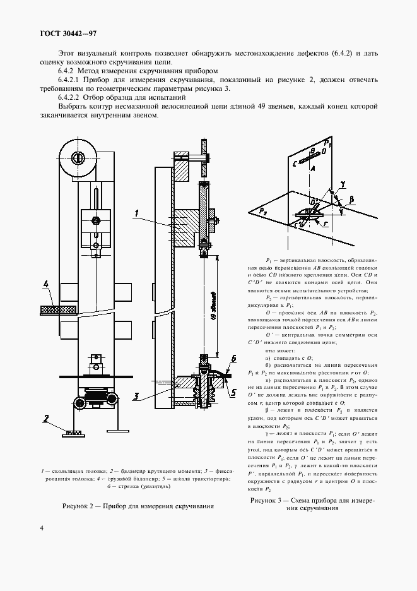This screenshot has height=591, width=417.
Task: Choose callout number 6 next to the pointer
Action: pyautogui.click(x=233, y=358)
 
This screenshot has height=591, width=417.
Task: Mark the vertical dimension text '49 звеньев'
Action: pyautogui.click(x=214, y=306)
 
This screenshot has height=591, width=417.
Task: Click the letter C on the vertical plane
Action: pyautogui.click(x=296, y=163)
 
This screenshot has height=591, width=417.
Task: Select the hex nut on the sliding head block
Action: pyautogui.click(x=97, y=220)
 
